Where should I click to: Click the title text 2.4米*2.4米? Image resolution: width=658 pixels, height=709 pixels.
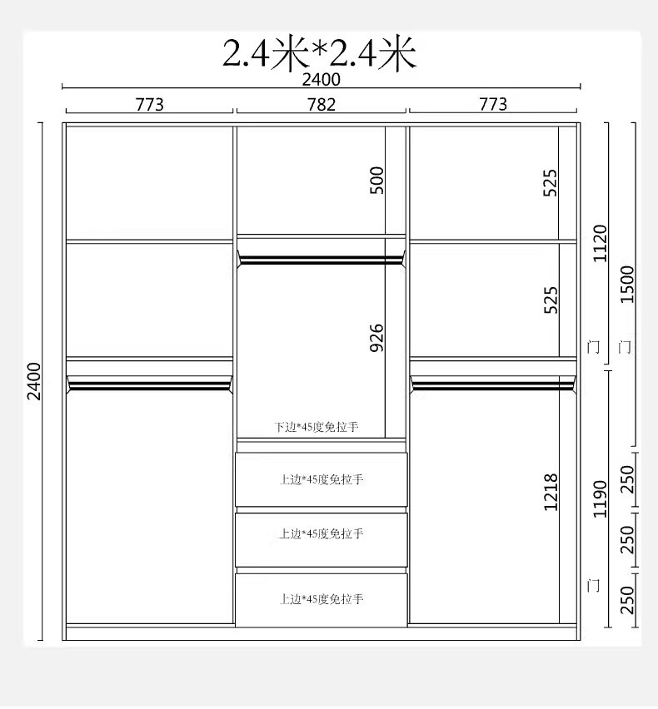tap(319, 53)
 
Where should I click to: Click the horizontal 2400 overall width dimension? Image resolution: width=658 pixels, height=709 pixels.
tap(322, 80)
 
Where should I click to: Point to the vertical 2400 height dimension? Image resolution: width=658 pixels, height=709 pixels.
tap(34, 381)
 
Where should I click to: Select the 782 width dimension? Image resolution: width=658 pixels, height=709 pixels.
tap(322, 105)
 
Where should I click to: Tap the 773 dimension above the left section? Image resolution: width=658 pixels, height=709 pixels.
tap(150, 105)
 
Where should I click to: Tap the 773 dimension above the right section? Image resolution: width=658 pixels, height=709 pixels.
tap(493, 104)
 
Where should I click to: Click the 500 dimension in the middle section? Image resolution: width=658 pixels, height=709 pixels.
tap(376, 181)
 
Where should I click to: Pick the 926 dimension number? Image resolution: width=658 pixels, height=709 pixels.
tap(376, 338)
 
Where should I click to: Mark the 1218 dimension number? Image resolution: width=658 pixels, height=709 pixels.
tap(551, 493)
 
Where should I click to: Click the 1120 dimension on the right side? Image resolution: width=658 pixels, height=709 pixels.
tap(600, 243)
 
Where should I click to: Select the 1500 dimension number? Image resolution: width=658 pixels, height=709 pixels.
tap(627, 285)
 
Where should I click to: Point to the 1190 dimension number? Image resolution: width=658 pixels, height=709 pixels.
tap(600, 499)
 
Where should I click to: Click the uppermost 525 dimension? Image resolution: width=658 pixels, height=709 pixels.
tap(551, 183)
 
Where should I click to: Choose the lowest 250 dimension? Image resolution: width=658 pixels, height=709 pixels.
tap(627, 601)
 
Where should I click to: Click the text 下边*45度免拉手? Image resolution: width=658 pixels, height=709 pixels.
tap(317, 427)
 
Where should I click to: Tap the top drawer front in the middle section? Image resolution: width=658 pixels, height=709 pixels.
tap(322, 479)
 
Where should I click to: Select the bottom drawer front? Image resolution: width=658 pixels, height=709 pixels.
tap(322, 601)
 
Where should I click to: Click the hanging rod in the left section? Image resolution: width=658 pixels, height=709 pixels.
tap(149, 385)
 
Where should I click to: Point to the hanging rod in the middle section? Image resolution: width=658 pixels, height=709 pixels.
tap(321, 260)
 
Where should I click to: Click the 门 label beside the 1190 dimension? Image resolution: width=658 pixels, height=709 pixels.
tap(593, 586)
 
